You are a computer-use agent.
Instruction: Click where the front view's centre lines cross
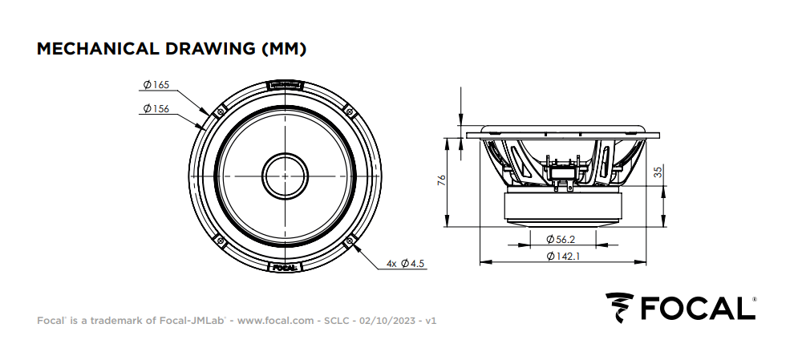[x=285, y=176]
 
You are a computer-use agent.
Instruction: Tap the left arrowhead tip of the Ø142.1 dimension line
[x=480, y=261]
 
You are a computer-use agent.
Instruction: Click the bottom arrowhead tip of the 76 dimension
[x=447, y=226]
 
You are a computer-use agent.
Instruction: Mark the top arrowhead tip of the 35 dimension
[x=663, y=186]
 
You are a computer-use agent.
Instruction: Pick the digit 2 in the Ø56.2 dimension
[x=572, y=240]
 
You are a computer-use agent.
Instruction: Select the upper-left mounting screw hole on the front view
[x=221, y=111]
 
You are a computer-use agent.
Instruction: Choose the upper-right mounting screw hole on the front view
[x=350, y=111]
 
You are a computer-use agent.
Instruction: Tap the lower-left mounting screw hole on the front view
[x=221, y=240]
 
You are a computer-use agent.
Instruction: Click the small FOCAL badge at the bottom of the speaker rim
[x=285, y=267]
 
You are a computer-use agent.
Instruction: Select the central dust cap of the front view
[x=285, y=176]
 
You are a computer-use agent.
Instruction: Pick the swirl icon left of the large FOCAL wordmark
[x=620, y=307]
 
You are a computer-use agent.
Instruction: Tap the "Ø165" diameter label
[x=156, y=84]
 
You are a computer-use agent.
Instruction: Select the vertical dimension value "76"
[x=441, y=180]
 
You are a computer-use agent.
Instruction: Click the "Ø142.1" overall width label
[x=563, y=257]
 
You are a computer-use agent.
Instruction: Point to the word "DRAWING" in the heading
[x=211, y=49]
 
